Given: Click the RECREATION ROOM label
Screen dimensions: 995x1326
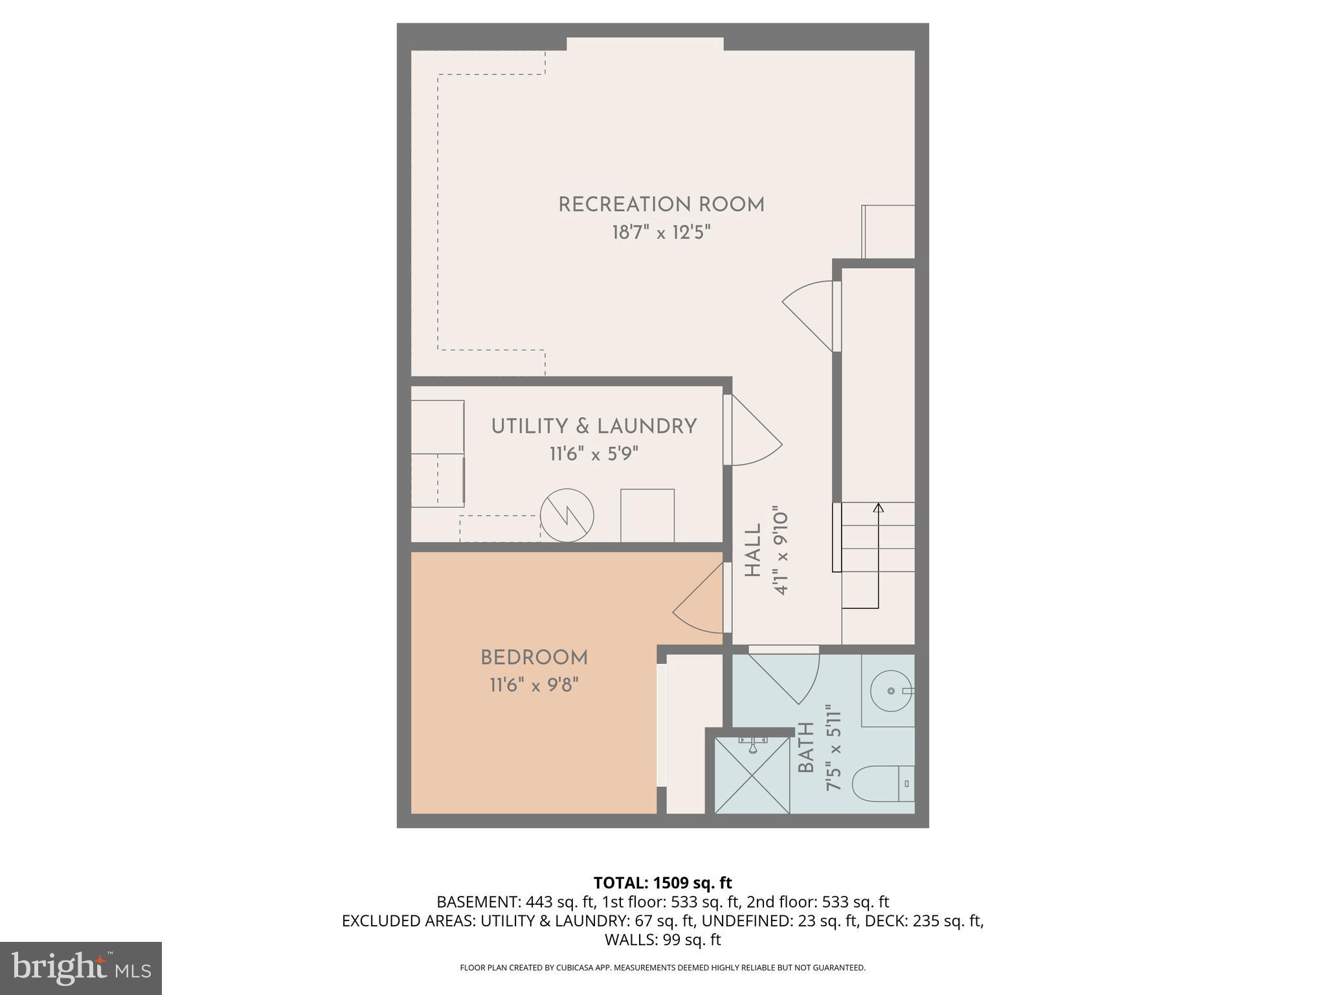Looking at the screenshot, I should pos(661,205).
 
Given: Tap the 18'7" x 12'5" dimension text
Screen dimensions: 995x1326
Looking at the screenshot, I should pos(661,233).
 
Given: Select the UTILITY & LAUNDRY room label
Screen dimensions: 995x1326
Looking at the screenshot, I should pos(594,426).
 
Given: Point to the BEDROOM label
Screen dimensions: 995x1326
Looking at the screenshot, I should pos(534,658).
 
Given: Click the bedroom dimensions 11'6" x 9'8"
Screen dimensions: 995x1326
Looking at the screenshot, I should pos(534,685).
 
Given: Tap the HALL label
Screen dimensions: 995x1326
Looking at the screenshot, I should pos(753,551).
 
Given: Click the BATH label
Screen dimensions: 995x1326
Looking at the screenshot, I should pos(806,748).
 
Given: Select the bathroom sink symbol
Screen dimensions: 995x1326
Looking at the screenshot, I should pos(891,691).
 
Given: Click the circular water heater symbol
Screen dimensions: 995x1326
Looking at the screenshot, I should pos(567,516).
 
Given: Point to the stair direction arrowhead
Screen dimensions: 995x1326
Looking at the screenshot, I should pos(878,508).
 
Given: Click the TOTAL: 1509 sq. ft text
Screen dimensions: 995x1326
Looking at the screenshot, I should pos(662,882).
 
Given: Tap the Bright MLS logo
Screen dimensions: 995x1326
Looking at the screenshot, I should pos(80,968).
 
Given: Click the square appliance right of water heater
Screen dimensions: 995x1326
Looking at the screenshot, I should pos(647,516).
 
